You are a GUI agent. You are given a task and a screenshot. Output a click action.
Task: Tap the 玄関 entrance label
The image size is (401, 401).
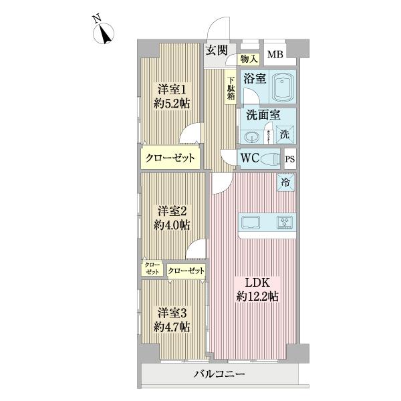[216, 50]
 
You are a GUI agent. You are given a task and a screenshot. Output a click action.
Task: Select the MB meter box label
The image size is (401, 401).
[275, 55]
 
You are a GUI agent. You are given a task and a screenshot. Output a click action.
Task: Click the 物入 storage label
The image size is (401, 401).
[249, 59]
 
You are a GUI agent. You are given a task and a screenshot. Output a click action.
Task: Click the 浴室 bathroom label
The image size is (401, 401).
[255, 78]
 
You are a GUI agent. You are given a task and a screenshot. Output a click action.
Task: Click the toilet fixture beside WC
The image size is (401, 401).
[271, 159]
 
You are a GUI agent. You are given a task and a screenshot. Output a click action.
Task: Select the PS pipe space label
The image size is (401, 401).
[290, 160]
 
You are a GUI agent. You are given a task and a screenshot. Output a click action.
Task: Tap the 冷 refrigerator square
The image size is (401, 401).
[285, 181]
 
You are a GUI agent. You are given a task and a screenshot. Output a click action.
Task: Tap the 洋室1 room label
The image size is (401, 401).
[172, 90]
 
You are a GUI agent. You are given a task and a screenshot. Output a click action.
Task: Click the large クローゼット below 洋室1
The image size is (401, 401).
[171, 158]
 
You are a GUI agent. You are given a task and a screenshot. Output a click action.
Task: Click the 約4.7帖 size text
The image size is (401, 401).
[172, 327]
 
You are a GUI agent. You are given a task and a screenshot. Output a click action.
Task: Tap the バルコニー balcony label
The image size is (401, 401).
[221, 375]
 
